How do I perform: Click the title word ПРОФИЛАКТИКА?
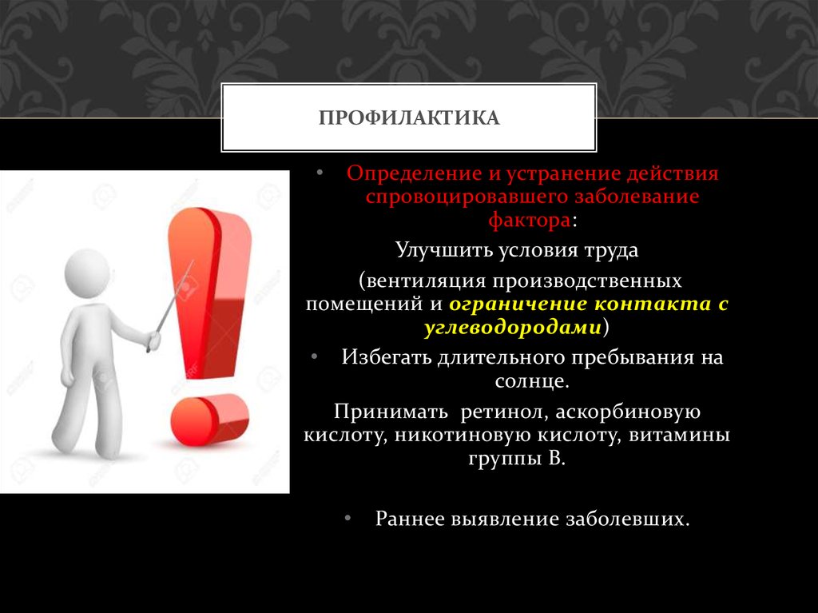[x=409, y=119]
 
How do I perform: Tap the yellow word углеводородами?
[x=512, y=327]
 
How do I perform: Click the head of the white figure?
[x=86, y=274]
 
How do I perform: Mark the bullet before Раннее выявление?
[x=348, y=518]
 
